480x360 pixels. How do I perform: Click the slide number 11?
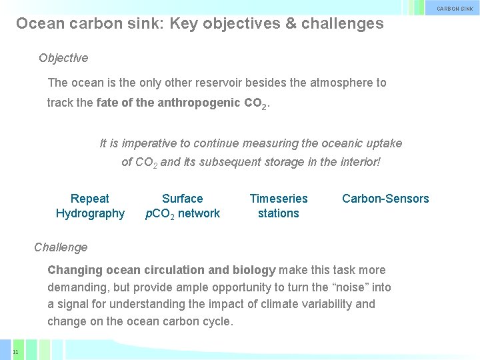coord(15,351)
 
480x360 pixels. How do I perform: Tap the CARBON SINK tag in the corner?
coord(455,9)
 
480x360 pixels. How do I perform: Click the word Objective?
coord(63,58)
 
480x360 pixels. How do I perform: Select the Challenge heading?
coord(61,247)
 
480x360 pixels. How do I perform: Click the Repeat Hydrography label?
coord(90,206)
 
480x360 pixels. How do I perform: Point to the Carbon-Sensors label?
coord(385,199)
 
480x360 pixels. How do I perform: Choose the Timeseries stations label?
coord(279,206)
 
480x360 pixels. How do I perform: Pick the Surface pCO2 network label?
coord(183,206)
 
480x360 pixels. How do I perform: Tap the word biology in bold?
coord(254,270)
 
